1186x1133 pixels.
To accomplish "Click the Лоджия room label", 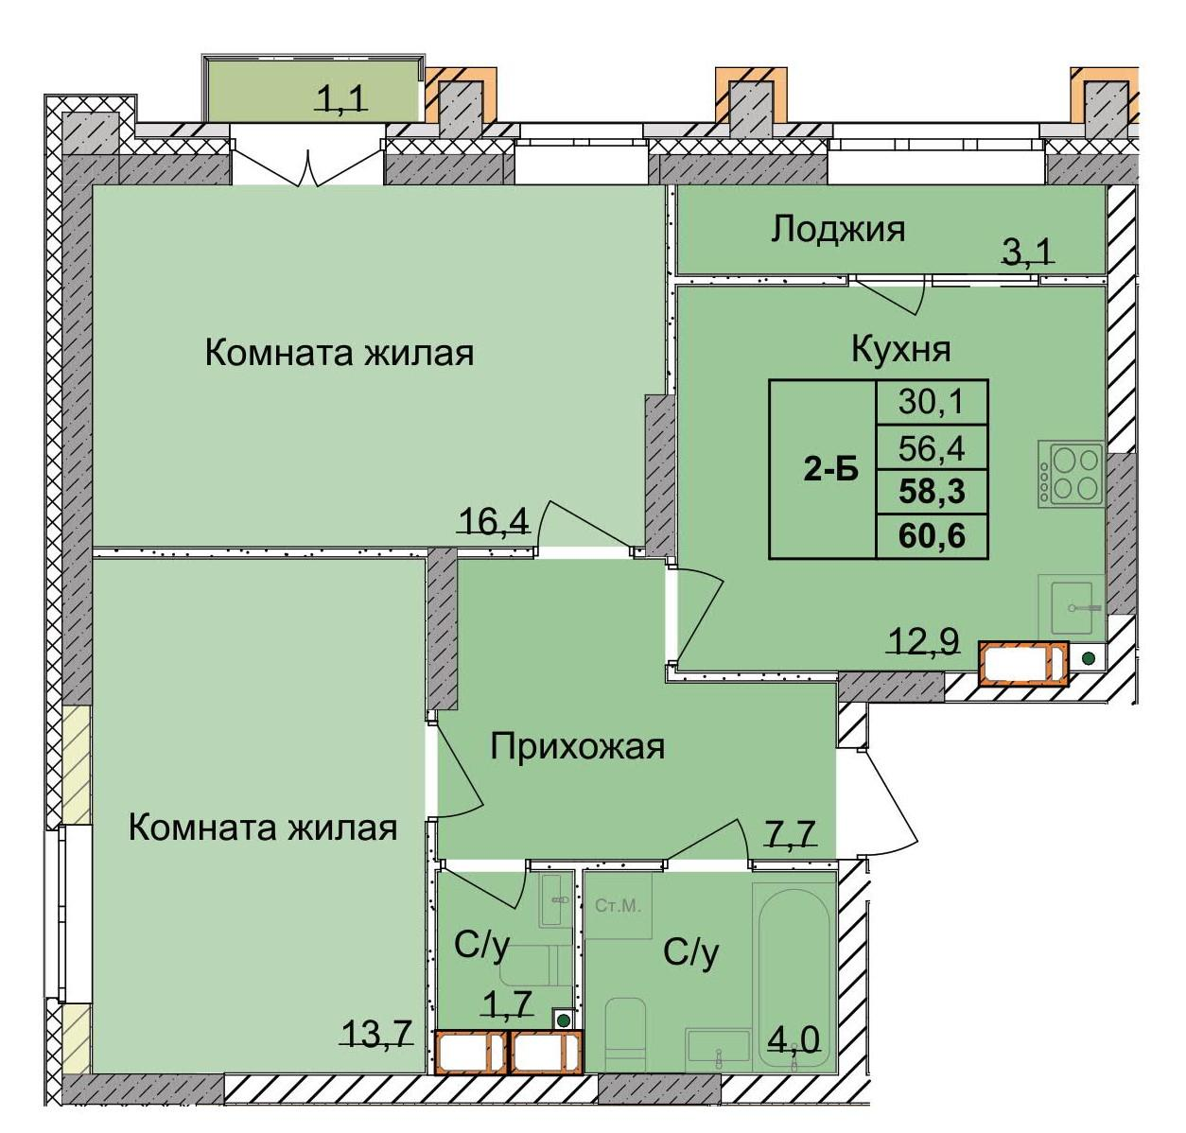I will (x=837, y=229).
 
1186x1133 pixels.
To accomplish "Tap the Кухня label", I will (x=900, y=349).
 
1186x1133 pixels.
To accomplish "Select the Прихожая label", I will (x=577, y=746).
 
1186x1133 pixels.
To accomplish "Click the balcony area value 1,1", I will (x=340, y=98).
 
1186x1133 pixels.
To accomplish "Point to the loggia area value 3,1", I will (x=1027, y=252).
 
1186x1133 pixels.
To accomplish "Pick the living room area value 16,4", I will (x=492, y=520).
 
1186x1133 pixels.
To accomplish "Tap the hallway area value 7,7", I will (x=790, y=836).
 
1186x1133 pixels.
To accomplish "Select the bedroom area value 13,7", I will (x=377, y=1034).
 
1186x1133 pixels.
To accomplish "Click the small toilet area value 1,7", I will (x=509, y=1002).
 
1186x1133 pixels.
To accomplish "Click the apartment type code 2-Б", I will (x=830, y=470).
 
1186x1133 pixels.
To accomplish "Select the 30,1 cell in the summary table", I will (x=932, y=403).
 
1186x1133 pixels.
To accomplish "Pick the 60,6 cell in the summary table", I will (x=932, y=536).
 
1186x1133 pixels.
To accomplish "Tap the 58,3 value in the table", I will (x=932, y=492).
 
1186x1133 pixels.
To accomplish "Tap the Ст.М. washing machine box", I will (x=618, y=906).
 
